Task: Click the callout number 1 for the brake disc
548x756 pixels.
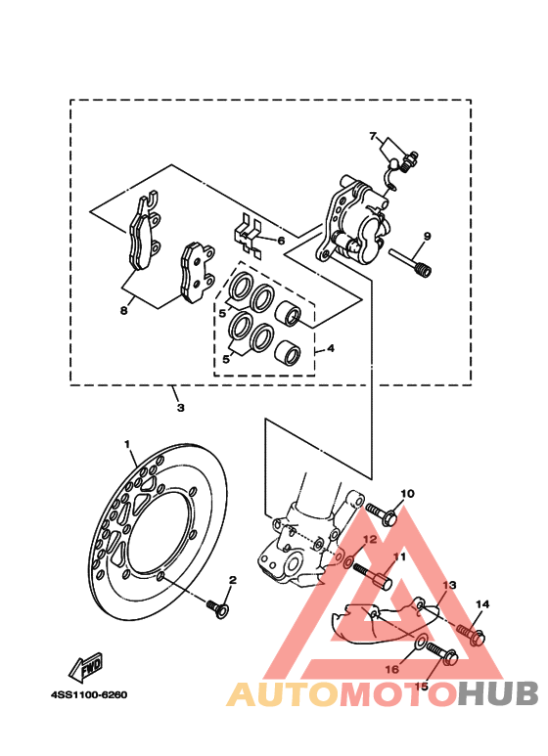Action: point(127,444)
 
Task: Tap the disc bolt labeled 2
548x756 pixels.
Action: point(217,608)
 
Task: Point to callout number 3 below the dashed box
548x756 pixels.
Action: point(180,408)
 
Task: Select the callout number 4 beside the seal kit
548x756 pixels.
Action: point(330,348)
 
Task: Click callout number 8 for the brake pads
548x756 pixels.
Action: point(124,310)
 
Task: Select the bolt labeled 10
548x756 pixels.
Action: point(381,514)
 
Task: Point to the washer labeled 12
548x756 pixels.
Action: point(347,561)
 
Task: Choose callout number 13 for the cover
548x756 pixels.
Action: point(449,585)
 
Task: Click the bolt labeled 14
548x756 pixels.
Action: point(470,634)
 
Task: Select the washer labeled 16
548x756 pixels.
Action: point(420,642)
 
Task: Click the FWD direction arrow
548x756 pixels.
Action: point(86,668)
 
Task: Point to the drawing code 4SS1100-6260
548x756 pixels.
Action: point(89,694)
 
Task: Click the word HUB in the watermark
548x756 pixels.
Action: point(497,694)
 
